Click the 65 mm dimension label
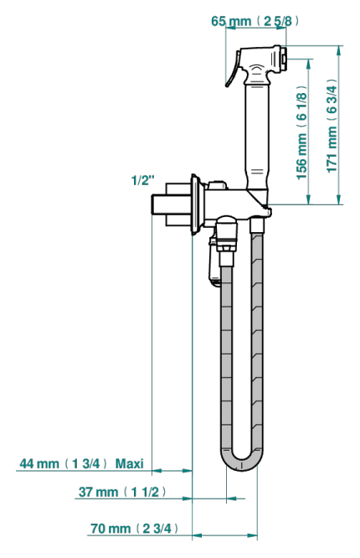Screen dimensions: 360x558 click(x=255, y=21)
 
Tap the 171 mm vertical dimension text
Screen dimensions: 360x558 click(x=332, y=126)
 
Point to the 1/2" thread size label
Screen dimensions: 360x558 click(x=143, y=180)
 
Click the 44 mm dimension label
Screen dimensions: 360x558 click(x=64, y=463)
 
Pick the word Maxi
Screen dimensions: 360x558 click(x=130, y=463)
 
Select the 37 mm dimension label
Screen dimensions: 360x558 click(x=122, y=492)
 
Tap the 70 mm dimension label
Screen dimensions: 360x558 click(x=134, y=528)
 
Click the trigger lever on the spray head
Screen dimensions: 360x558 click(x=232, y=70)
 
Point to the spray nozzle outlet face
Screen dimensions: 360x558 click(x=284, y=58)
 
